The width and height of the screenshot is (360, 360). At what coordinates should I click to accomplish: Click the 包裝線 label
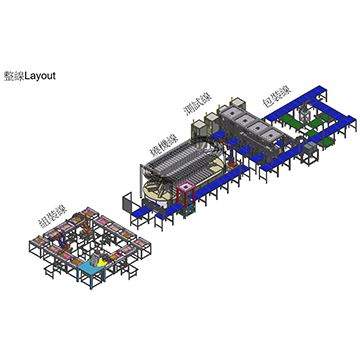click(x=276, y=98)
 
